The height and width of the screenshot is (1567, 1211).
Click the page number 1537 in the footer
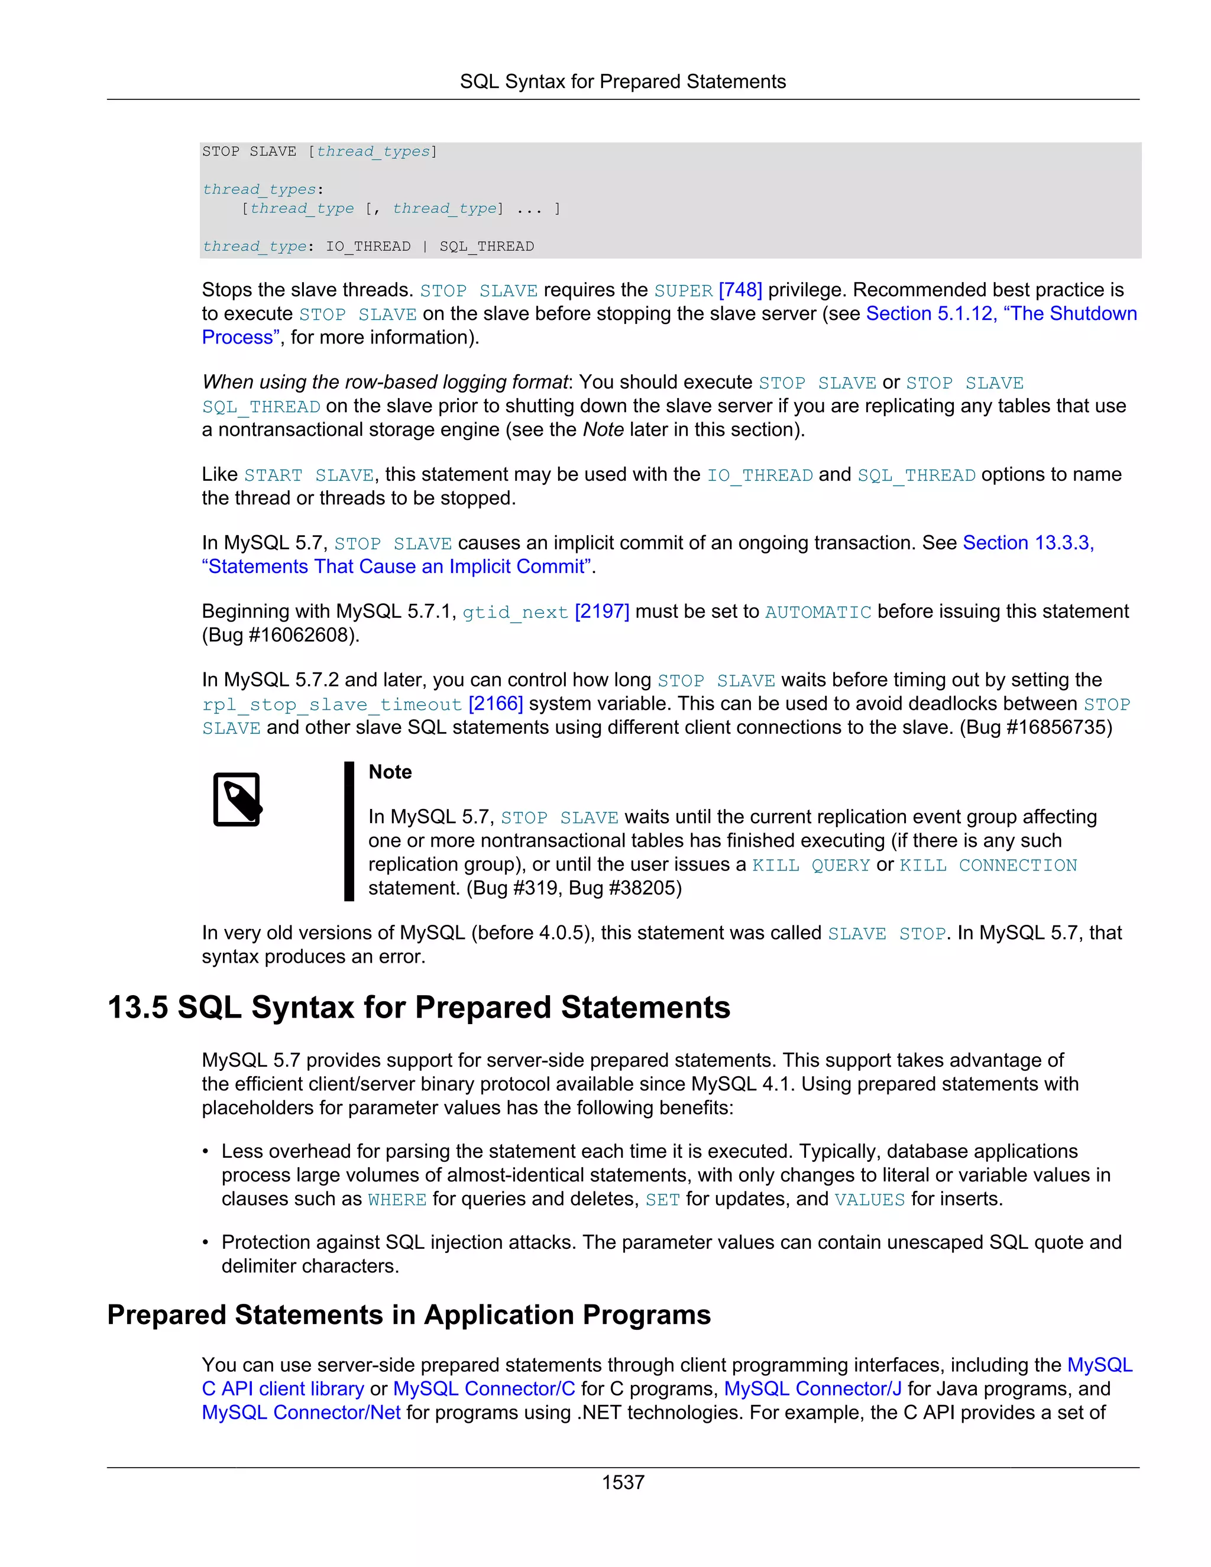(x=623, y=1482)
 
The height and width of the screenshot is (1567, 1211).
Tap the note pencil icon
(x=238, y=799)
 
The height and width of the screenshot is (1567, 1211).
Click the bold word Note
(x=390, y=772)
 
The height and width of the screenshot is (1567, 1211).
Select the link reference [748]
(x=740, y=290)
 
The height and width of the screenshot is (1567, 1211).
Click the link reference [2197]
(x=602, y=611)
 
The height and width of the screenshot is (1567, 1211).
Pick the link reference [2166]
(x=495, y=704)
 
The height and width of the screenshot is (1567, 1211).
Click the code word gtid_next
(x=514, y=612)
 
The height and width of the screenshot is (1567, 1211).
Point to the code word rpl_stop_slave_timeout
(x=332, y=705)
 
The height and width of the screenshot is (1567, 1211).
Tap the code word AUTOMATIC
(x=818, y=612)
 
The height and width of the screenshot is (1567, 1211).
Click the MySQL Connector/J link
(x=812, y=1388)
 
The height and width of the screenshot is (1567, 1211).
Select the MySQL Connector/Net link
(x=300, y=1412)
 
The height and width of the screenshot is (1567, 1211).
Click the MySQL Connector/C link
(x=484, y=1388)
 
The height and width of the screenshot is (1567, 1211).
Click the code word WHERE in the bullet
(x=397, y=1200)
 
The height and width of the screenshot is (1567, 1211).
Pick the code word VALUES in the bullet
(x=869, y=1200)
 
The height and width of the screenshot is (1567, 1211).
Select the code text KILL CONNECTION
(x=988, y=865)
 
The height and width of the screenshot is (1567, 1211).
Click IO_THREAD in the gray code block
(x=368, y=247)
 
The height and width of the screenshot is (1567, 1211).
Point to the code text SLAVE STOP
(x=887, y=934)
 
